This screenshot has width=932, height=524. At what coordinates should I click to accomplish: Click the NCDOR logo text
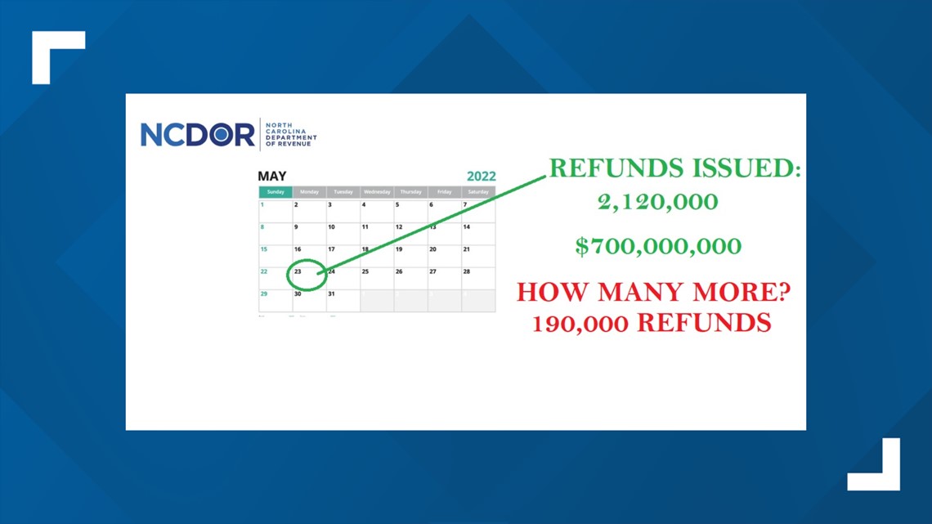click(x=197, y=135)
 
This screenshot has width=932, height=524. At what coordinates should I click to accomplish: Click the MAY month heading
click(x=271, y=176)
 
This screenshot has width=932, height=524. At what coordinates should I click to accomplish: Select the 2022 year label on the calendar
click(x=481, y=176)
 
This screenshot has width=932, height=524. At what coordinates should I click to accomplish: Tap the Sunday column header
click(x=276, y=192)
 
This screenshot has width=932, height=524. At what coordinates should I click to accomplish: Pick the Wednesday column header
click(x=377, y=192)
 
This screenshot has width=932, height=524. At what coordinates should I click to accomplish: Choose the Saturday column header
click(x=478, y=192)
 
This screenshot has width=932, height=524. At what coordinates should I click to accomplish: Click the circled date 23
click(x=299, y=271)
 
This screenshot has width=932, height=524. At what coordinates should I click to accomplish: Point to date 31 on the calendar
click(x=331, y=293)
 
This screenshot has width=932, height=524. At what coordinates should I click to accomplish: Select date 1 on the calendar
click(x=262, y=205)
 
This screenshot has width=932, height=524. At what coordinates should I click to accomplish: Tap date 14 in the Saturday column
click(x=467, y=227)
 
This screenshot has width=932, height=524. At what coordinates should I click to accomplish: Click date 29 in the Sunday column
click(x=264, y=293)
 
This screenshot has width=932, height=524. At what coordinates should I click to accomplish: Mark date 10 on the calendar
click(x=331, y=227)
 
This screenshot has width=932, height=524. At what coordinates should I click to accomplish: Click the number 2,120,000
click(x=657, y=203)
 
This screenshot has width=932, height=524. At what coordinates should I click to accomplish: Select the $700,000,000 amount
click(x=657, y=246)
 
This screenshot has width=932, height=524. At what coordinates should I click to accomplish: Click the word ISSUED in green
click(x=740, y=168)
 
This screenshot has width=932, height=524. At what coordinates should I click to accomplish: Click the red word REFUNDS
click(x=704, y=324)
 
